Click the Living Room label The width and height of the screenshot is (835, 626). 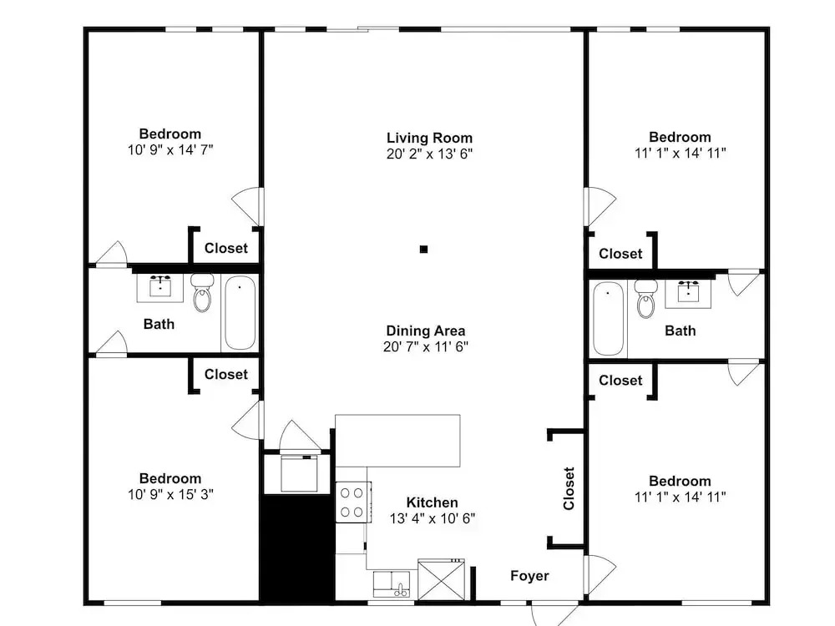click(x=429, y=138)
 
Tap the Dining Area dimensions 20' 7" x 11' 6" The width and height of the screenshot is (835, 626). click(x=426, y=346)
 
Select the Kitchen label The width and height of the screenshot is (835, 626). click(x=432, y=502)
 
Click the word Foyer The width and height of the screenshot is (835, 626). click(x=529, y=576)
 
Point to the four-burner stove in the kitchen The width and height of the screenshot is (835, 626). click(x=353, y=502)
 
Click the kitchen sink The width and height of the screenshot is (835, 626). click(x=392, y=584)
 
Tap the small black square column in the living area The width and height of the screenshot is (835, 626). click(x=424, y=249)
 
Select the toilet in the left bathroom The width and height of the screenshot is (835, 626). click(x=202, y=292)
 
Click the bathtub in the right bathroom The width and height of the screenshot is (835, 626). click(x=608, y=318)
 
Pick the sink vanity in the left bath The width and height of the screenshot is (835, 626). click(x=159, y=288)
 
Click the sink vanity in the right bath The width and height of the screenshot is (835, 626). click(x=688, y=293)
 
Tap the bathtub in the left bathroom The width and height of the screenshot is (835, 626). click(x=240, y=312)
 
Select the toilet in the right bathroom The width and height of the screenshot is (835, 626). click(x=646, y=299)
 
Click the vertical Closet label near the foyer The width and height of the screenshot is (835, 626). click(x=569, y=488)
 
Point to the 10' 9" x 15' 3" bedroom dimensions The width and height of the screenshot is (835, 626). click(x=170, y=494)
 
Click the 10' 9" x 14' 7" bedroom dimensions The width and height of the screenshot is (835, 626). click(x=170, y=150)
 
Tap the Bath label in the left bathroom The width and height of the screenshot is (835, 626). click(x=159, y=324)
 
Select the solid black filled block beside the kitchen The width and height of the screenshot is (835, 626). click(x=297, y=548)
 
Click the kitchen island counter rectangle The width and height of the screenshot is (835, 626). click(x=397, y=441)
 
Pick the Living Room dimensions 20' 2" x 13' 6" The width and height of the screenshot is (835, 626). click(x=429, y=154)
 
